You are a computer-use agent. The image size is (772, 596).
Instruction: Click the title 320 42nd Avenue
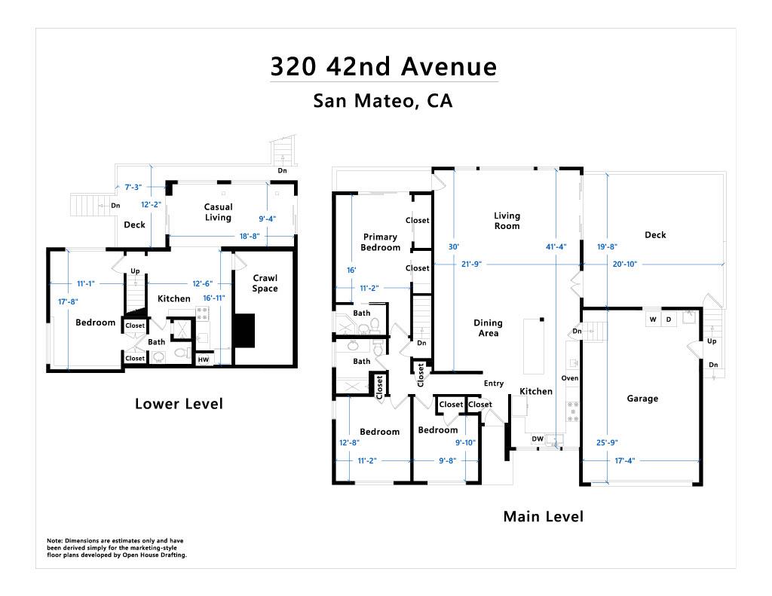[384, 66]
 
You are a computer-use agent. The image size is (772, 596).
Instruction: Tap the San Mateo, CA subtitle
[382, 101]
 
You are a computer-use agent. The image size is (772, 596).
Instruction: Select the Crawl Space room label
[265, 283]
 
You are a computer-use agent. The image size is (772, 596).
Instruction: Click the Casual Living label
[218, 212]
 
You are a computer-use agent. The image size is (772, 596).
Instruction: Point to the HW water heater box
[204, 359]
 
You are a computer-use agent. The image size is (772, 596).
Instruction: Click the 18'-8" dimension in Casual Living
[249, 237]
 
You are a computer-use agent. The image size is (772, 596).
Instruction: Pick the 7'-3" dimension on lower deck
[133, 187]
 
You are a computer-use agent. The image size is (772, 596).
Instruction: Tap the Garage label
[642, 399]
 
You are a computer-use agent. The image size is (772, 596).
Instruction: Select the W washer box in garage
[653, 319]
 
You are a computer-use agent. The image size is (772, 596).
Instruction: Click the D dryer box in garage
[669, 319]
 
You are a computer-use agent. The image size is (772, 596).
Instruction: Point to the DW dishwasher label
[538, 439]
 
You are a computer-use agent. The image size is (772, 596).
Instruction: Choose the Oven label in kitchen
[570, 378]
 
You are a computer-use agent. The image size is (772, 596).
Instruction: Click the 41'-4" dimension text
[556, 246]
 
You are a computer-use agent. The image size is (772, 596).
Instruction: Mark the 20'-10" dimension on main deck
[625, 264]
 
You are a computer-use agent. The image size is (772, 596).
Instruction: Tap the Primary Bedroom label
[380, 242]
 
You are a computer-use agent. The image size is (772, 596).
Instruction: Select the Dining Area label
[488, 328]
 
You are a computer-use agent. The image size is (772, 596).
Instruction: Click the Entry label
[494, 384]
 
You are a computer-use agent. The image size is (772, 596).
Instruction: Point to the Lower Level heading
[179, 404]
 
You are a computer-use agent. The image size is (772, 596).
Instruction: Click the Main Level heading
[543, 516]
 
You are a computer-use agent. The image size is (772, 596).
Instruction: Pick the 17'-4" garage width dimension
[625, 460]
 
